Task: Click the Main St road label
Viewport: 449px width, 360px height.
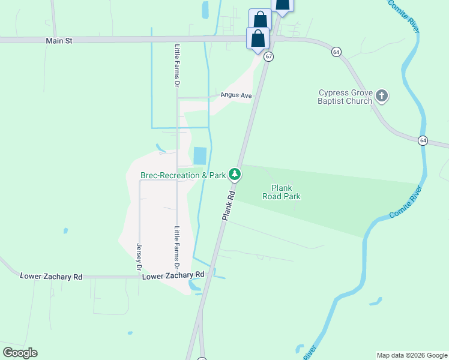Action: coord(59,41)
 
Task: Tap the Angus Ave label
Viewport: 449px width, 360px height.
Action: coord(235,95)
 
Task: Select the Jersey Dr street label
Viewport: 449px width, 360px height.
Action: coord(139,256)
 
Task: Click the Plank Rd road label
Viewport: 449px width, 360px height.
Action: coord(228,204)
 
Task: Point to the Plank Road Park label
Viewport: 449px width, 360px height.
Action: coord(282,192)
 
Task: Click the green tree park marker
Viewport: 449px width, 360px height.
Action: coord(235,175)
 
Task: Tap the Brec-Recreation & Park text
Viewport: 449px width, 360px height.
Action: coord(183,175)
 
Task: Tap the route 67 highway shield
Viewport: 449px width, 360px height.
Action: coord(268,56)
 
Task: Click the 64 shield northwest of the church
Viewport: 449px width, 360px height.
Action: coord(336,52)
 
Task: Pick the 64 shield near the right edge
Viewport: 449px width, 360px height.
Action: coord(423,140)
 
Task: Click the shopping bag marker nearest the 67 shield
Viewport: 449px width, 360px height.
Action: coord(258,38)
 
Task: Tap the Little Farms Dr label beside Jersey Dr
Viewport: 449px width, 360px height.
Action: coord(176,247)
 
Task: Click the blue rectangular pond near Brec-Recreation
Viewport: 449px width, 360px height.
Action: coord(199,156)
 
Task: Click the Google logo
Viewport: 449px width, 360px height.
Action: coord(20,353)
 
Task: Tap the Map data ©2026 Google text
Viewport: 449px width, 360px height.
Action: coord(412,355)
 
